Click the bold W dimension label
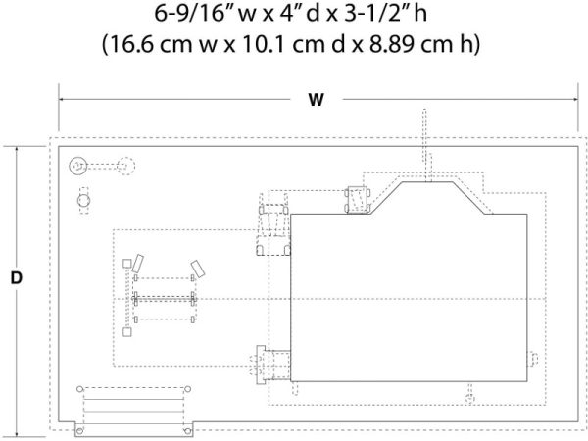coord(316,100)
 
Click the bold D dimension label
coord(16,278)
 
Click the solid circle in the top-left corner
coord(78,166)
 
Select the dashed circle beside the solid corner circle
coord(125,166)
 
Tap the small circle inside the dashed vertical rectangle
coord(84,201)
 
